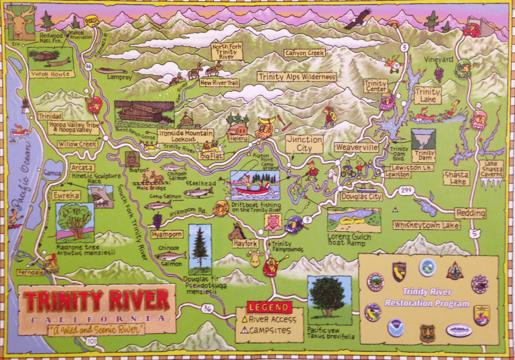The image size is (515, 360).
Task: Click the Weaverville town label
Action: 357,147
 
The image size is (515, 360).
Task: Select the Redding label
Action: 470,213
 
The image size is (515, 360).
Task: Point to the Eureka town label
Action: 66,196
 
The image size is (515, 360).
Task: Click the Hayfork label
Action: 246,243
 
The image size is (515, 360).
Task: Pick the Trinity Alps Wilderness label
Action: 296,77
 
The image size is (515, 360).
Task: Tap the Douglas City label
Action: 361,197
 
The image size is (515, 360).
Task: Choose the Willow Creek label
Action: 78,143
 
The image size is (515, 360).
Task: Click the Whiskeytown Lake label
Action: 426,226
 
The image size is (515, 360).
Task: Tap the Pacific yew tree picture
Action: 329,299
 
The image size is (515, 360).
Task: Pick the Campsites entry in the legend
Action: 271,330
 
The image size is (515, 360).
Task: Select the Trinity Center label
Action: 376,86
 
